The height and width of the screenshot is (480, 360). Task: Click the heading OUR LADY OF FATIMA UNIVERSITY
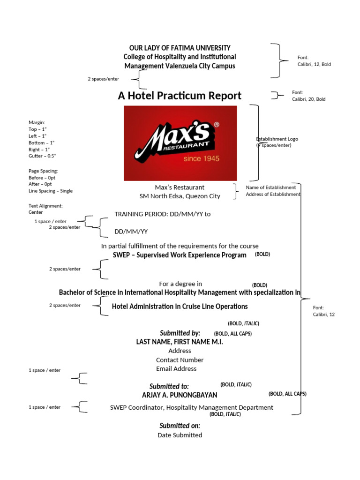[180, 48]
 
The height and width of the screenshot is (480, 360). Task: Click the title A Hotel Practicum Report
[180, 96]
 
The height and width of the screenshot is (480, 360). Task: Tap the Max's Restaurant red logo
[180, 143]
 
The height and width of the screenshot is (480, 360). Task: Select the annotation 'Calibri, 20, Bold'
[308, 99]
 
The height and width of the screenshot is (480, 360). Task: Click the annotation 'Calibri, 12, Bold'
[314, 64]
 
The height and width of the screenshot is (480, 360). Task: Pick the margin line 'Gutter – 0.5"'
[43, 156]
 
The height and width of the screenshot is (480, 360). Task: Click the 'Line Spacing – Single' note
[51, 191]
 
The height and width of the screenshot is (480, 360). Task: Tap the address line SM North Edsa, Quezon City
[180, 196]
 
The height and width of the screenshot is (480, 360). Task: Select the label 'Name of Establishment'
[271, 187]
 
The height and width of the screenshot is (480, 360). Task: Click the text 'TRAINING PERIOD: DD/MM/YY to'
[163, 214]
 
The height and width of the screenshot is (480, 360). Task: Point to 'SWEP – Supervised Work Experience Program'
[180, 255]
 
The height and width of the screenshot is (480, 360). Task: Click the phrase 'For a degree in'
[180, 284]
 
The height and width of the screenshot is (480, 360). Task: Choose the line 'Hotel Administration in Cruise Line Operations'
[180, 307]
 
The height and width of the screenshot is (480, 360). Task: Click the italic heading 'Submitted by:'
[180, 333]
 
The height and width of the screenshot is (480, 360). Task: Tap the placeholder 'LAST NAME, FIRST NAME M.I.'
[180, 342]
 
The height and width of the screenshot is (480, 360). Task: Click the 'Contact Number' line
[180, 360]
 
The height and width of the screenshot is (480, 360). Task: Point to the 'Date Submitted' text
[180, 435]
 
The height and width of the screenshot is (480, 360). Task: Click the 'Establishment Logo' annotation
[277, 139]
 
